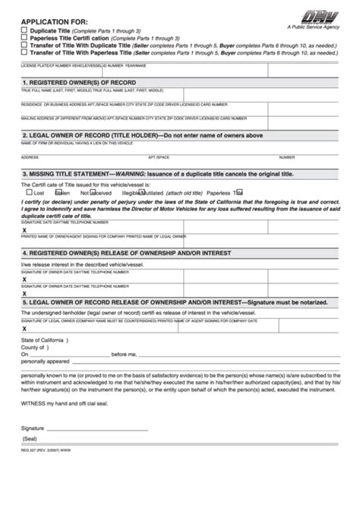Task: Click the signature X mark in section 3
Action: (x=24, y=229)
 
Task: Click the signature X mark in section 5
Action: (x=24, y=329)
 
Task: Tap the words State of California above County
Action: (x=44, y=340)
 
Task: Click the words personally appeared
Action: (x=45, y=361)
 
